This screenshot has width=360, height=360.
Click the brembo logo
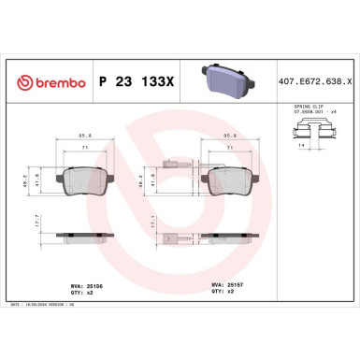click(46, 82)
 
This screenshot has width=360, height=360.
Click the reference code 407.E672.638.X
click(314, 82)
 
